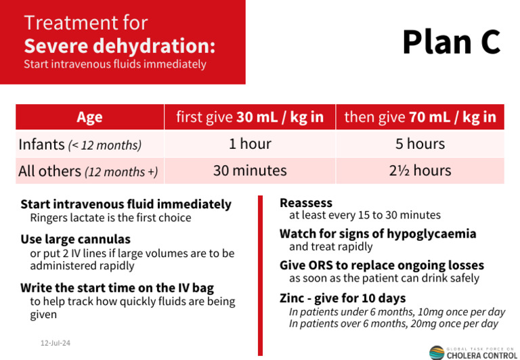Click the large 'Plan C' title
(451, 41)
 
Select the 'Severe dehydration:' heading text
(119, 46)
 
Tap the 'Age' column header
(89, 117)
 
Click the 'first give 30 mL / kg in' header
(250, 117)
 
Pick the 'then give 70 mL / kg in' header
(420, 117)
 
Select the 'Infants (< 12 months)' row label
(80, 144)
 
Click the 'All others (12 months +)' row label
(88, 171)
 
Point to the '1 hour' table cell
(250, 144)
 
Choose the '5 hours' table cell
(420, 144)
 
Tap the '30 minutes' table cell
(250, 171)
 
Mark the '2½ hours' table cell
(420, 171)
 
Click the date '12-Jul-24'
(55, 343)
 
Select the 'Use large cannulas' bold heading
(75, 239)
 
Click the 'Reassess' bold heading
(306, 202)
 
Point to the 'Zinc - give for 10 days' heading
(343, 298)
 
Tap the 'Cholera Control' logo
(473, 352)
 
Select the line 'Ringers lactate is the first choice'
(110, 218)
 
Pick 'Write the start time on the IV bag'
(116, 287)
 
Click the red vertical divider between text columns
(260, 274)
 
